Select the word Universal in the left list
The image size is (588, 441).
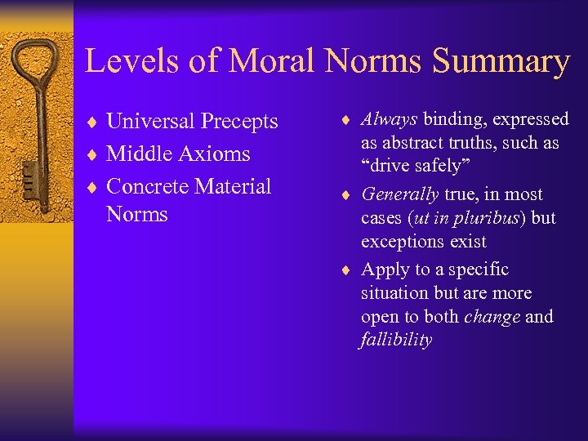[x=151, y=122]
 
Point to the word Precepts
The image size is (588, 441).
[x=240, y=122]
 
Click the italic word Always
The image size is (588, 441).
[x=390, y=120]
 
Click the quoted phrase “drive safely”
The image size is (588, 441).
[x=412, y=166]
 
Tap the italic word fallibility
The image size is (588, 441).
[x=396, y=340]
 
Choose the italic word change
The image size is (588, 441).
[x=492, y=316]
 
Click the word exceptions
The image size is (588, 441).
[x=402, y=242]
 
